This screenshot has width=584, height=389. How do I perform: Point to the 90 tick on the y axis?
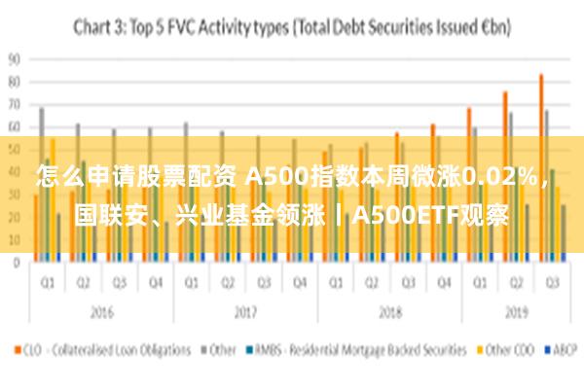coord(14,58)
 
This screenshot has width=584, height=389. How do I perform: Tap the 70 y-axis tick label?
coord(14,103)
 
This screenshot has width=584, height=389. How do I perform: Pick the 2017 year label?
coord(244,314)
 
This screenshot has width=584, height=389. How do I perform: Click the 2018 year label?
coord(388,314)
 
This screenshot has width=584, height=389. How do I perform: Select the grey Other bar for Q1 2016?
coord(42,184)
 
